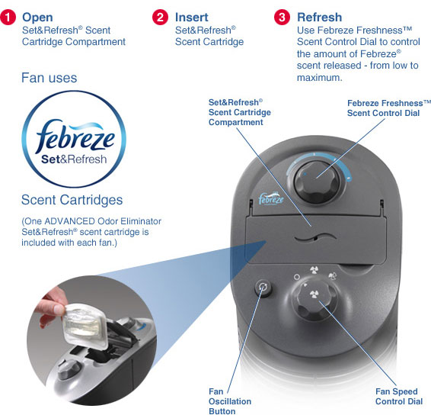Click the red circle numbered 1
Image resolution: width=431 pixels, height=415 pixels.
pyautogui.click(x=8, y=17)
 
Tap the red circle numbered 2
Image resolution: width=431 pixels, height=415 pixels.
pyautogui.click(x=160, y=17)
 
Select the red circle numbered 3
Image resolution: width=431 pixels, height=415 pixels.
pyautogui.click(x=282, y=17)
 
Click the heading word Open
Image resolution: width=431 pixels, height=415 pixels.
pyautogui.click(x=37, y=18)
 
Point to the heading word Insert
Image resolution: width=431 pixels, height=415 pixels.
pyautogui.click(x=192, y=18)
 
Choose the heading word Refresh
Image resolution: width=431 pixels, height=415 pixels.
pyautogui.click(x=319, y=18)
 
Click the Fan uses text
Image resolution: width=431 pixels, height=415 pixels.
pyautogui.click(x=49, y=78)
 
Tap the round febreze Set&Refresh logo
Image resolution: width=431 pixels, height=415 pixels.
pyautogui.click(x=74, y=139)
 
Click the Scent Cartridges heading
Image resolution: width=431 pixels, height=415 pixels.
pyautogui.click(x=72, y=200)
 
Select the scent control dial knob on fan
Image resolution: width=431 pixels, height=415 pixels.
pyautogui.click(x=317, y=182)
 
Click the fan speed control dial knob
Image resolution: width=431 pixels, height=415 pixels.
pyautogui.click(x=314, y=298)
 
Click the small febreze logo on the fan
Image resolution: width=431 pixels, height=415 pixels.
pyautogui.click(x=271, y=198)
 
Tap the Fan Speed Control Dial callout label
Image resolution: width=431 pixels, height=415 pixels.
pyautogui.click(x=399, y=396)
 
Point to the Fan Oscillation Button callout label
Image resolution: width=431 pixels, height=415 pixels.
pyautogui.click(x=230, y=401)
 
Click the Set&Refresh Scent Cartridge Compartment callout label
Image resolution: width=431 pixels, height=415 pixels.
pyautogui.click(x=239, y=112)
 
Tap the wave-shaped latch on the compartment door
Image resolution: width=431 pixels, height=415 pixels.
pyautogui.click(x=315, y=237)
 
